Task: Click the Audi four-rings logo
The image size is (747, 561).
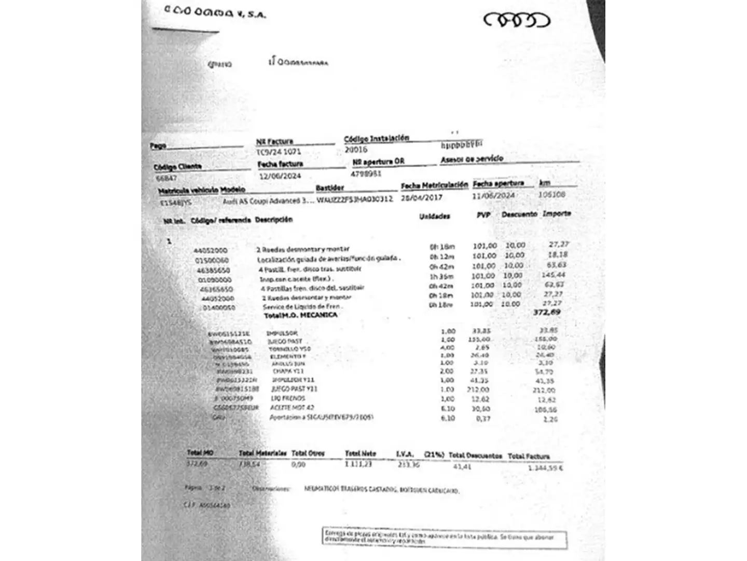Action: [516, 20]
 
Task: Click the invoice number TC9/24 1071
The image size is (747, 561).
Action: [279, 152]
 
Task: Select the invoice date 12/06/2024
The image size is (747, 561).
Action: [280, 176]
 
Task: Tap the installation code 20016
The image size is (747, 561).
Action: [356, 150]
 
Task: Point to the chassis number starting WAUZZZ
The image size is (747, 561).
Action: [354, 199]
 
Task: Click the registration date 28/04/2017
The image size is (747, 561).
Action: [421, 198]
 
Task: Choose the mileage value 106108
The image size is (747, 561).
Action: [551, 195]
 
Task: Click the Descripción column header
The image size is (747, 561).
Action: [273, 220]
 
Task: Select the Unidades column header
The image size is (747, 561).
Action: [435, 216]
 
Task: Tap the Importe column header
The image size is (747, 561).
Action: [557, 213]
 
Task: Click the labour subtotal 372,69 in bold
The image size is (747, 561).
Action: [547, 312]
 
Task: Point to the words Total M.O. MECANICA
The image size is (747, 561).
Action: [300, 315]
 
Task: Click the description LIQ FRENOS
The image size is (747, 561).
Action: [288, 398]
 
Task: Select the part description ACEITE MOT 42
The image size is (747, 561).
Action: [292, 408]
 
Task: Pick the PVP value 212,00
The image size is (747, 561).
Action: [478, 390]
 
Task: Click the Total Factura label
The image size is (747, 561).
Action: [528, 456]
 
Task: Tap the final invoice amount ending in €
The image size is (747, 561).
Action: [546, 468]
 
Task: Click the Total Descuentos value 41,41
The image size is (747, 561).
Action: [462, 466]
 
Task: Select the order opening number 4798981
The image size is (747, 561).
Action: [366, 174]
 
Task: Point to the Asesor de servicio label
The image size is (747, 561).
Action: [472, 159]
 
